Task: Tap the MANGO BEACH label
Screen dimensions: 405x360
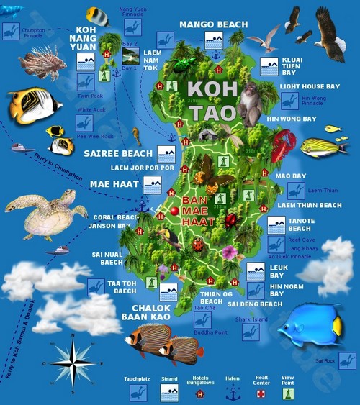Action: pos(213,24)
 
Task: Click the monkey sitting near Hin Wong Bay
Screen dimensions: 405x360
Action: pos(251,104)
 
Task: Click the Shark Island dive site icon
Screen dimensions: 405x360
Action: pos(250,332)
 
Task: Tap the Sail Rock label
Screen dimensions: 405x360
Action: pos(325,360)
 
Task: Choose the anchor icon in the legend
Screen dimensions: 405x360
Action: pos(232,393)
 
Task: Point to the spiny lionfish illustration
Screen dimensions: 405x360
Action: pos(42,63)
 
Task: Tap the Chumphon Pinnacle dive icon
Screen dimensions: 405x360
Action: pos(11,31)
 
